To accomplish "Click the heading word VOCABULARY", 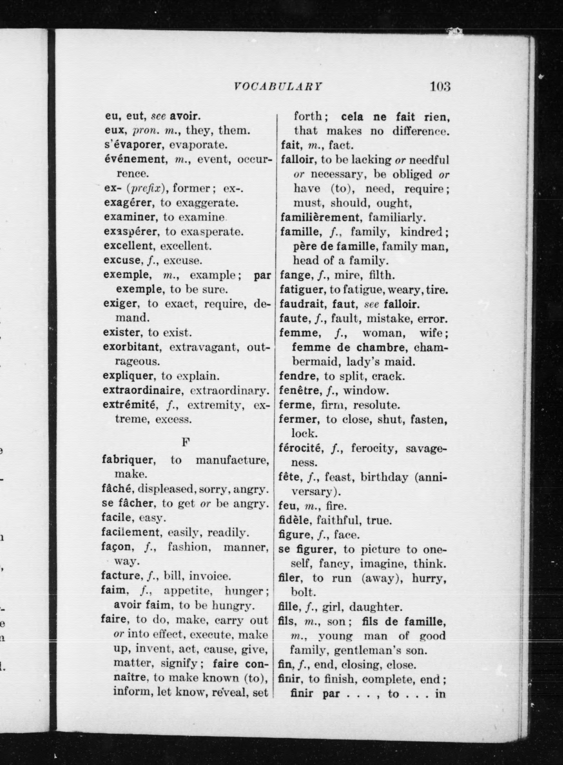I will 278,87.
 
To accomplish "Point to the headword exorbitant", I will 131,347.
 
